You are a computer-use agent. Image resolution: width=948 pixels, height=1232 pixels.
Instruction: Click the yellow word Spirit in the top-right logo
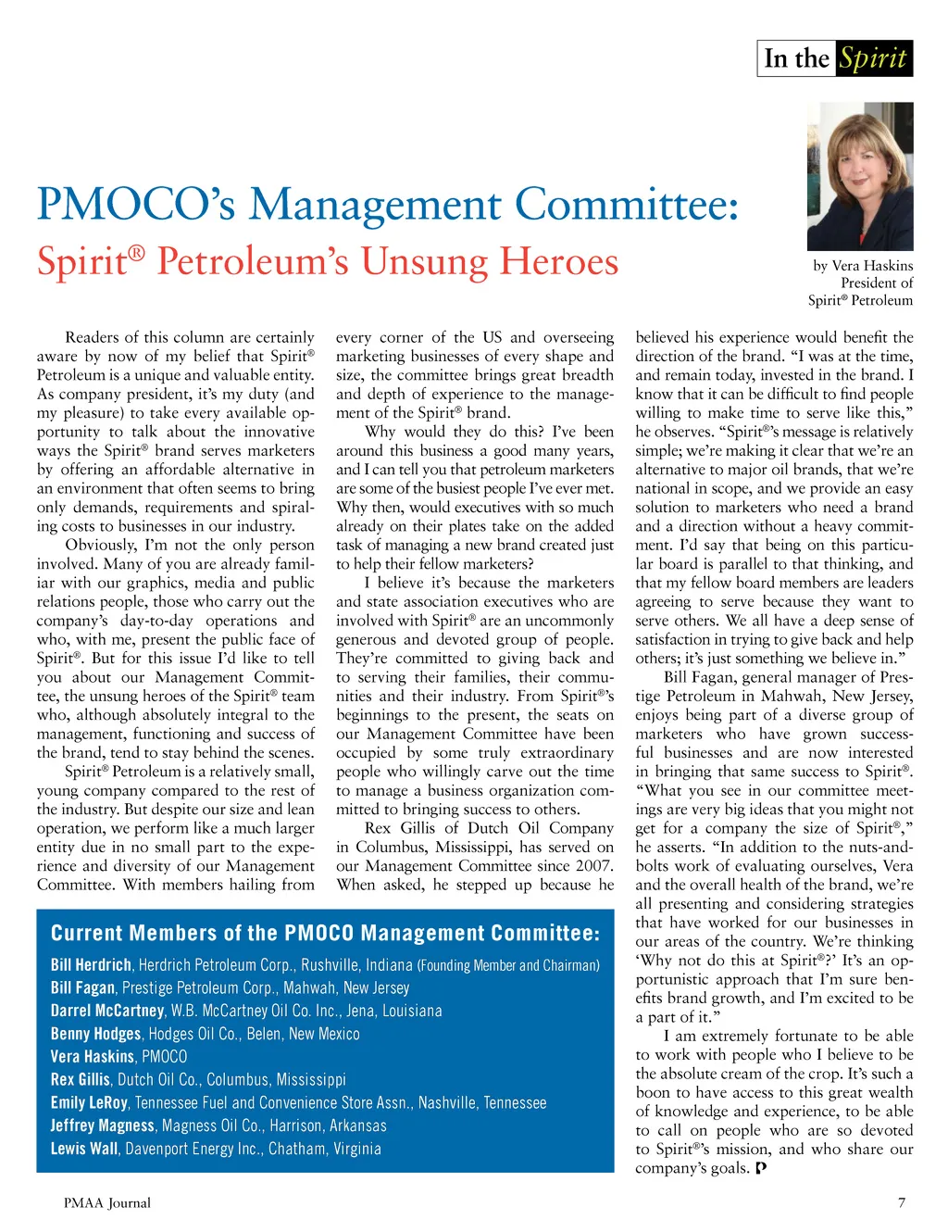coord(872,58)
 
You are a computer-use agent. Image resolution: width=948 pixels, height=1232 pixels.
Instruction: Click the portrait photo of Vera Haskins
coord(860,176)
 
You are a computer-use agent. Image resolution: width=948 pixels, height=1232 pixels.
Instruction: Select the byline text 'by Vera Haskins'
coord(863,266)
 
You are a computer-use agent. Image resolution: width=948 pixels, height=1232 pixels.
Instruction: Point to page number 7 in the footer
coord(902,1202)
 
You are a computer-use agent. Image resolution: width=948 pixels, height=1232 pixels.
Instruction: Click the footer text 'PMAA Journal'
coord(107,1202)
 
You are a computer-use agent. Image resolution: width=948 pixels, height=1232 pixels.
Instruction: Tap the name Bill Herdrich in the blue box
coord(91,965)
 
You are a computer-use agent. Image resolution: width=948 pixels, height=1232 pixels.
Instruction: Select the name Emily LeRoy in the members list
coord(89,1103)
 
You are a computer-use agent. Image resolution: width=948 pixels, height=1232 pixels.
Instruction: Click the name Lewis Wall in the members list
coord(84,1149)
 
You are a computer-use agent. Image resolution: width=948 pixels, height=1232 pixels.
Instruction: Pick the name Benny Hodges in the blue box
coord(95,1034)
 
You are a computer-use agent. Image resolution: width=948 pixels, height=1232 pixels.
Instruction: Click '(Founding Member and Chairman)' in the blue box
coord(508,965)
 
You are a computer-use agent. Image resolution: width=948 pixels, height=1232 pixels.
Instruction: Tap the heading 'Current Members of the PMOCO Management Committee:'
coord(325,933)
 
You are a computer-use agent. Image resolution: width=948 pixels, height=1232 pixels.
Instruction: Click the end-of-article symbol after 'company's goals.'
coord(761,1168)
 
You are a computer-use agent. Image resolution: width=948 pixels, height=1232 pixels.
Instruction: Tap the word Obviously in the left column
coord(101,545)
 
